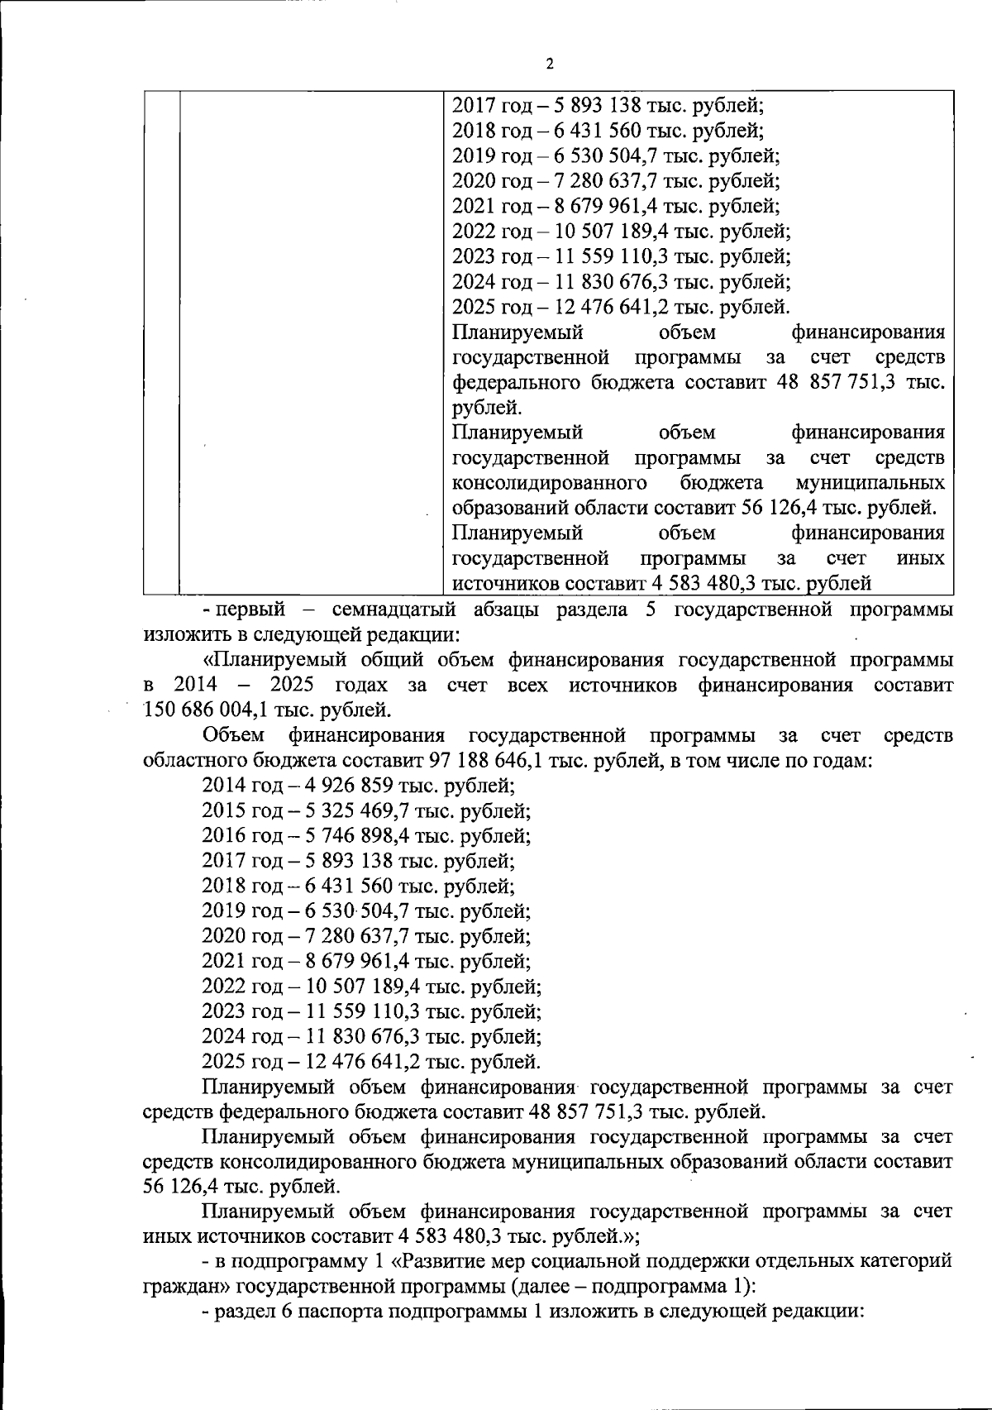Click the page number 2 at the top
tap(550, 64)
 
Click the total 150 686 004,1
tap(207, 710)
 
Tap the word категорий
tap(904, 1262)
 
